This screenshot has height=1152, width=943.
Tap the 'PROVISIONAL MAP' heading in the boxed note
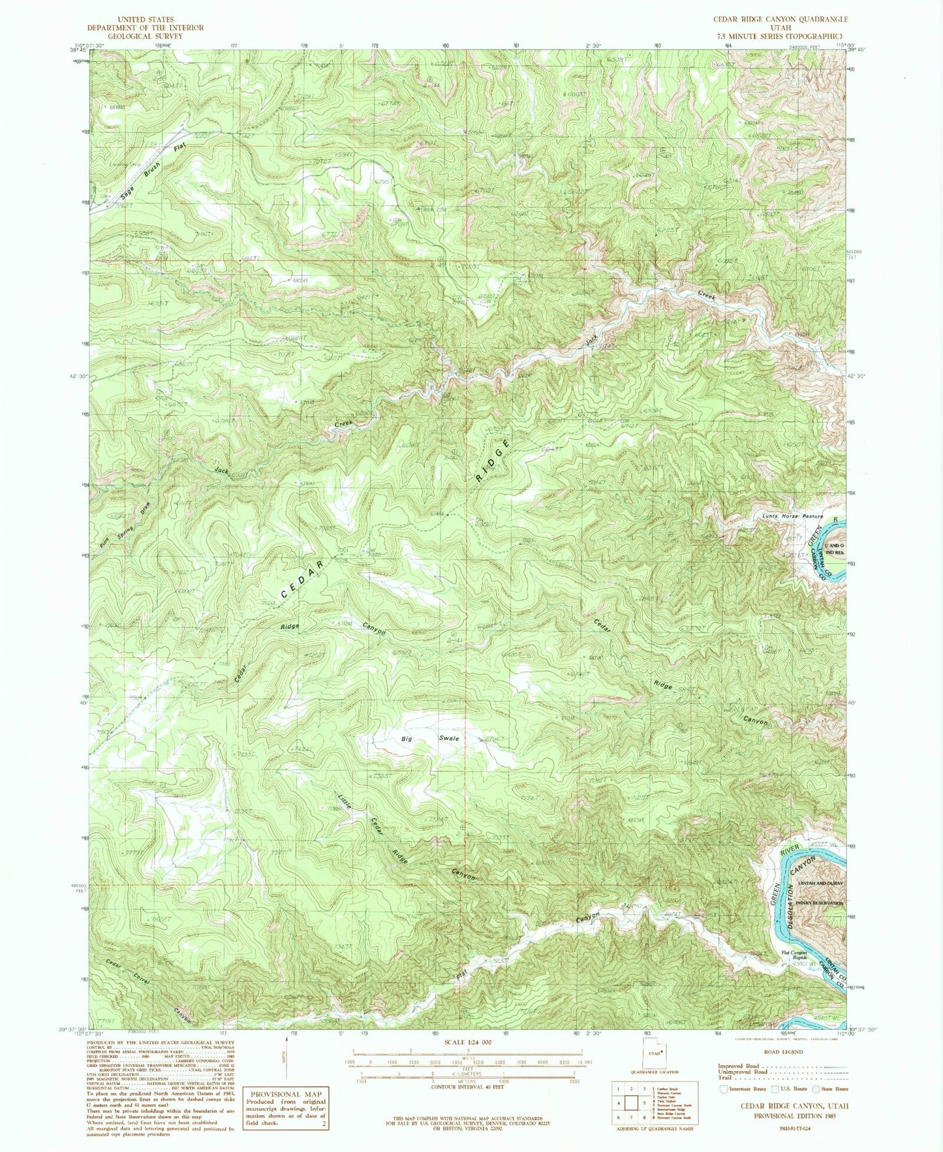pos(285,1094)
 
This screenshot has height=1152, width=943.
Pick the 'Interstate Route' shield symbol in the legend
pos(724,1089)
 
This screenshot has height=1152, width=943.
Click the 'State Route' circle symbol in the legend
pos(816,1089)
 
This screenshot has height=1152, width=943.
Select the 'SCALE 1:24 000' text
pos(467,1043)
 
